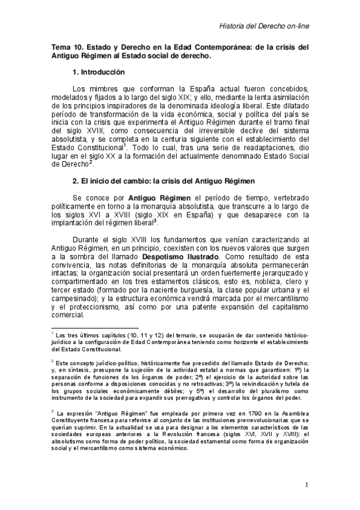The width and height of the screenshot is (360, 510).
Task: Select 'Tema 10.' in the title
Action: (68, 47)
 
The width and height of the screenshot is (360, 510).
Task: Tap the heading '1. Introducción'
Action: (98, 72)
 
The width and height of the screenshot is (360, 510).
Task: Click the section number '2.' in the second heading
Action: (76, 181)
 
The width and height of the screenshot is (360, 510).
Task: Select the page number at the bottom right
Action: (307, 485)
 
